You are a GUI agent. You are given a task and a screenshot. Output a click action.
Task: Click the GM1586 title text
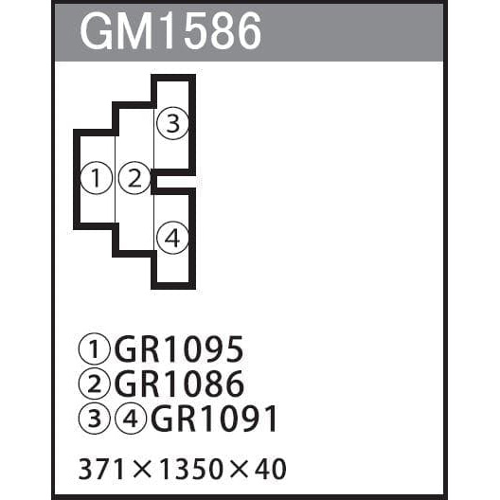click(x=170, y=30)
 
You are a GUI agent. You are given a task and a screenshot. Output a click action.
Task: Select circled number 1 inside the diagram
click(x=97, y=178)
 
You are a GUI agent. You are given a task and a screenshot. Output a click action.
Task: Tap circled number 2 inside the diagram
click(x=134, y=178)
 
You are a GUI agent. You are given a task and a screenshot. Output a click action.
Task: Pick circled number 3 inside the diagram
click(x=173, y=123)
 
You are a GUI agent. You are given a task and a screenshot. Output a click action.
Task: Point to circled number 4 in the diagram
click(x=173, y=238)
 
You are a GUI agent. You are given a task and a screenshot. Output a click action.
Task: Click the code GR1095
click(x=179, y=349)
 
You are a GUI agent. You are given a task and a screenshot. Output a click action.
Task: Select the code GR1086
click(x=179, y=384)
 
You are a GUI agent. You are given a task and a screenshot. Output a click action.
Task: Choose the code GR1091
click(x=214, y=419)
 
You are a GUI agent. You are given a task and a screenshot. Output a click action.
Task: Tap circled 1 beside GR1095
click(x=95, y=348)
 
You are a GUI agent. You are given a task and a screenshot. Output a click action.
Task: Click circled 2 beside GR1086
click(x=95, y=384)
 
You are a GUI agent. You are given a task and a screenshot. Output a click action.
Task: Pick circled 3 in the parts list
click(x=95, y=418)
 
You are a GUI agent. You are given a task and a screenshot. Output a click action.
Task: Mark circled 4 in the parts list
click(x=131, y=418)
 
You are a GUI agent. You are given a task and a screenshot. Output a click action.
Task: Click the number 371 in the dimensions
click(x=101, y=469)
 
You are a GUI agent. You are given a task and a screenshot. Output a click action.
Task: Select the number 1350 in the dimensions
click(x=191, y=469)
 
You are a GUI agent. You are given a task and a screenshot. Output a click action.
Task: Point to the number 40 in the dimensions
click(x=270, y=469)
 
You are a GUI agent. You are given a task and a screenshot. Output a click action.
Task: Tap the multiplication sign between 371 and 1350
click(x=142, y=470)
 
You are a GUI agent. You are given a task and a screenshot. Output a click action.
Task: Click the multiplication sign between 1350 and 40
click(x=239, y=470)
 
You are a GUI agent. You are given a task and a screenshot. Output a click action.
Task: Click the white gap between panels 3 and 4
click(x=176, y=182)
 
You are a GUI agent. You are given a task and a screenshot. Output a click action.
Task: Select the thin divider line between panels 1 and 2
click(x=115, y=180)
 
